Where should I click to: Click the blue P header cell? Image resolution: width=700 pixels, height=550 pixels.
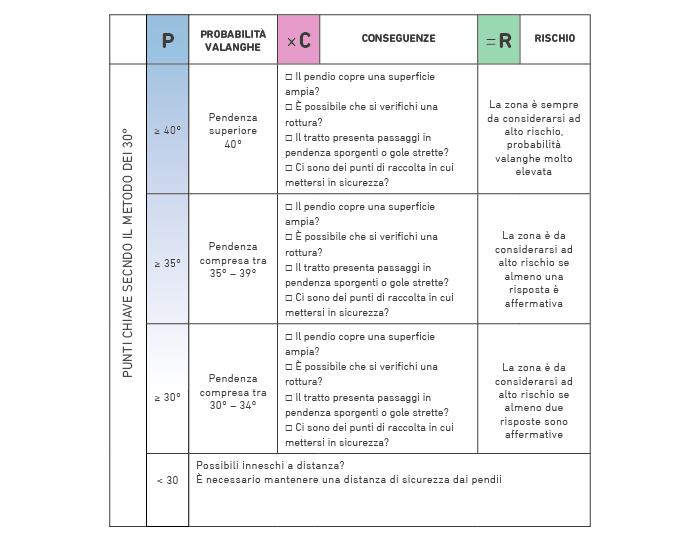click(167, 39)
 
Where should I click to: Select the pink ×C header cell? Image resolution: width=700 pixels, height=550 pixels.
click(299, 39)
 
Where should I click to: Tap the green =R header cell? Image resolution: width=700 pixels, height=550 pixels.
click(499, 39)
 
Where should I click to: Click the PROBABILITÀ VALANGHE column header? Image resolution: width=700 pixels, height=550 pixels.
click(233, 41)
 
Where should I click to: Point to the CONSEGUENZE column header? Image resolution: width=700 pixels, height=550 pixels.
click(399, 38)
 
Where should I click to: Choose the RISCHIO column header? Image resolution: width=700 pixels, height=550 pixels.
click(555, 38)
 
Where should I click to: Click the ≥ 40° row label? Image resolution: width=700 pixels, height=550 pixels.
click(167, 130)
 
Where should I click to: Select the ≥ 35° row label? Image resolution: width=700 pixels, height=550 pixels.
click(167, 263)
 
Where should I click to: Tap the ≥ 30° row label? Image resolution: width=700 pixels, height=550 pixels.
click(167, 397)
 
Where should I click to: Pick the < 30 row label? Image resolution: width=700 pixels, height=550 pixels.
click(167, 480)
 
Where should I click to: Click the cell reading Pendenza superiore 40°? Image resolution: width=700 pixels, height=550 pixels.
click(233, 130)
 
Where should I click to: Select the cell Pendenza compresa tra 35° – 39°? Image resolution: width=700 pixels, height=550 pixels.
click(233, 260)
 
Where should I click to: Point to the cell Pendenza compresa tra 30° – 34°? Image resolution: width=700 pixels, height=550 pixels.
click(233, 392)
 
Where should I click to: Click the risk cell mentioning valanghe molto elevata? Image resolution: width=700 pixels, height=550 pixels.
click(533, 138)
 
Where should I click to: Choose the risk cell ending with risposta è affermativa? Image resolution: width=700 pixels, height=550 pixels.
click(533, 269)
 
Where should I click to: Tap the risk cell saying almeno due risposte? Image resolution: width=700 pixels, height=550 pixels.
click(533, 401)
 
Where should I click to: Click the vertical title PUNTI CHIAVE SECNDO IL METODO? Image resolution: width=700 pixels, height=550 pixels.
click(128, 253)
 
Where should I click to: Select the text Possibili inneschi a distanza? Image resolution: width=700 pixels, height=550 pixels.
click(270, 465)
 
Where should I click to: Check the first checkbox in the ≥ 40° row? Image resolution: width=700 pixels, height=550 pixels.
click(289, 77)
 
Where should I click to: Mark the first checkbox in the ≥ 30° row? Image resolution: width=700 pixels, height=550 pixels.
click(289, 337)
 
